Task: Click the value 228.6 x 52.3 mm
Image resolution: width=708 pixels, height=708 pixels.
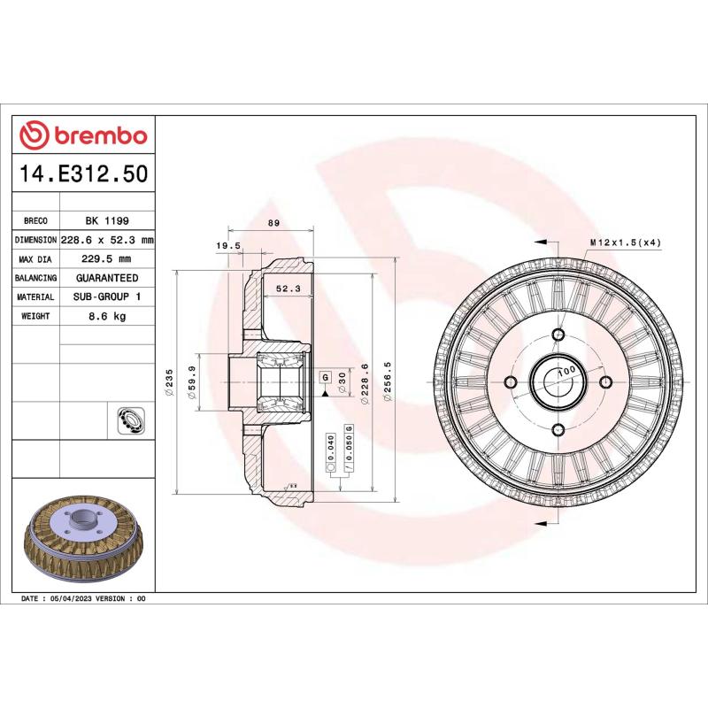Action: pos(107,241)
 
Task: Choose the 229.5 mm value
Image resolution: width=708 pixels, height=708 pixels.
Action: pos(107,259)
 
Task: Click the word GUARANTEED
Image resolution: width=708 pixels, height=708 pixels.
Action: pos(107,278)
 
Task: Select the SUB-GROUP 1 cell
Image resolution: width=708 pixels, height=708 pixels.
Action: pos(107,297)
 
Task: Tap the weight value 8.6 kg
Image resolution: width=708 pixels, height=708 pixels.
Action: pos(107,316)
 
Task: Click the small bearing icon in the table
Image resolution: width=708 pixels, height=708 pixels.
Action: pos(129,421)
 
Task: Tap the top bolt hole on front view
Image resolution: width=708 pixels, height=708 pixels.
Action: pos(558,335)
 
